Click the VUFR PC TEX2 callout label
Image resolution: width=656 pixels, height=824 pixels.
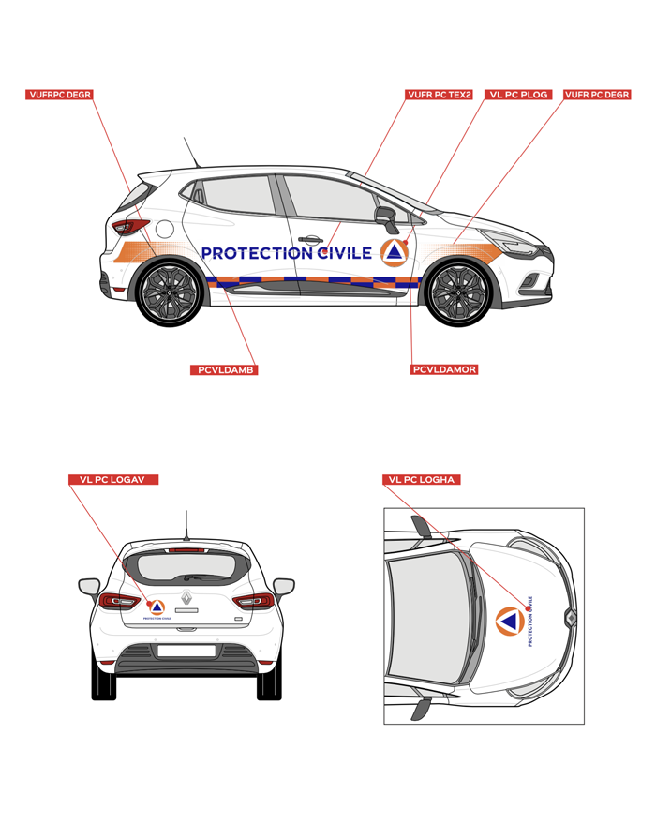coord(440,95)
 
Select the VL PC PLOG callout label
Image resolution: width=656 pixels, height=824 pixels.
coord(518,95)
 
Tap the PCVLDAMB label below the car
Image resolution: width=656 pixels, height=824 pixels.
coord(224,370)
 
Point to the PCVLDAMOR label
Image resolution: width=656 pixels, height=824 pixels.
coord(444,369)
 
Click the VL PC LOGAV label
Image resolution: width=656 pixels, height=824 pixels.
coord(112,479)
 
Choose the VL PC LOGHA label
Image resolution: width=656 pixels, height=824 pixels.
coord(421,479)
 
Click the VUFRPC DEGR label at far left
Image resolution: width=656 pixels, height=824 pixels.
coord(59,95)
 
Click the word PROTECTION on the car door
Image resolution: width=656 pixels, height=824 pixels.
coord(258,253)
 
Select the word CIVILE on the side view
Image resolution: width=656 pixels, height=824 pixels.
coord(346,253)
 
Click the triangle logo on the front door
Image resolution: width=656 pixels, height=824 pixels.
coord(395,253)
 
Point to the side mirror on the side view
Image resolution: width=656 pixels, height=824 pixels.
coord(387,218)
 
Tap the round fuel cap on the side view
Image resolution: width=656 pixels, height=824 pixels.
coord(164,230)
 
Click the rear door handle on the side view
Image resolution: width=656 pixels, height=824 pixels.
coord(310,240)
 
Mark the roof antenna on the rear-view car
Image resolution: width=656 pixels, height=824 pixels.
coord(186,525)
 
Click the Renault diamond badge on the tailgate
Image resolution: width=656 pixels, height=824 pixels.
coord(186,597)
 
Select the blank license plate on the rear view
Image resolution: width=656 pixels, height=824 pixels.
coord(186,651)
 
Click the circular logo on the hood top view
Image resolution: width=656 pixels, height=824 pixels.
coord(510,621)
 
